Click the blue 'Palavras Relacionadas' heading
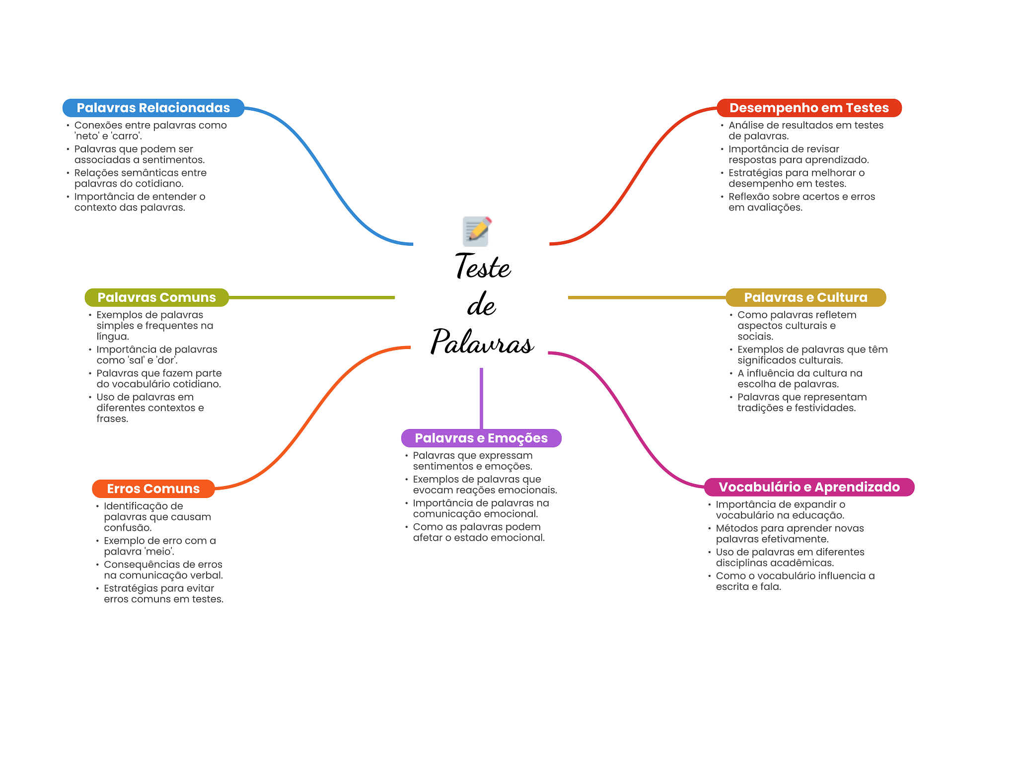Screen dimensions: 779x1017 (x=153, y=108)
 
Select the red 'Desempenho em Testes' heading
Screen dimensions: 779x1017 (x=808, y=108)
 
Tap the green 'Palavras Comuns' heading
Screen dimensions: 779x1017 (x=156, y=297)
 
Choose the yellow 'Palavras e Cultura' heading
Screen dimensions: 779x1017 (x=805, y=297)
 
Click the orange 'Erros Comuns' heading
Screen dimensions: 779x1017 (x=153, y=489)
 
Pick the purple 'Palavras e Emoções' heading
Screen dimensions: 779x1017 (x=481, y=438)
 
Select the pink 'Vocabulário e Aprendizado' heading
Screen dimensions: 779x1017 (x=809, y=487)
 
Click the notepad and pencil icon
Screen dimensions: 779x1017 (x=477, y=231)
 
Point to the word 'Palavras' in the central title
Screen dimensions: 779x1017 (x=482, y=342)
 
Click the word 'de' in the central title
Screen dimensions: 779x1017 (x=481, y=305)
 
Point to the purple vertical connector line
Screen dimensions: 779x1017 (x=481, y=397)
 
